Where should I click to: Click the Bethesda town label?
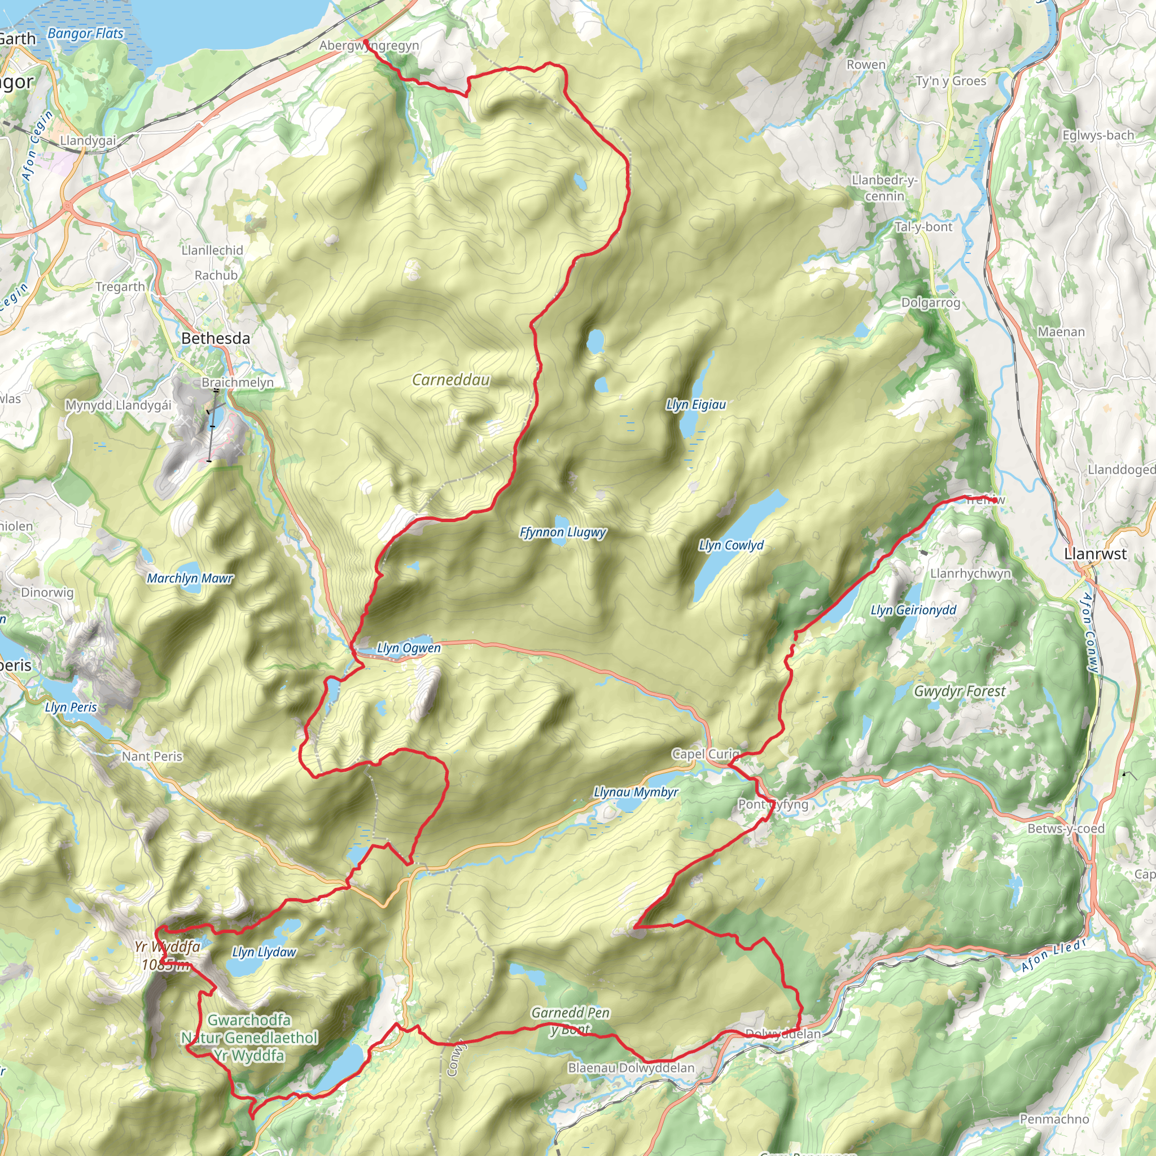point(216,339)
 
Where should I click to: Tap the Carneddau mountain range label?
point(450,380)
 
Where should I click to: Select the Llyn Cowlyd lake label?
point(731,545)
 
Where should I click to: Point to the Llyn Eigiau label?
point(696,405)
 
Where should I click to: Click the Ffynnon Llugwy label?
point(562,532)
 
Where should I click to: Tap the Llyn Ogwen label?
point(409,648)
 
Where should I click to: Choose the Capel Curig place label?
point(706,754)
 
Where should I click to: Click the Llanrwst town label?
point(1095,554)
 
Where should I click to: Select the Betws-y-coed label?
point(1066,829)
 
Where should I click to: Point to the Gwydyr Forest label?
point(960,691)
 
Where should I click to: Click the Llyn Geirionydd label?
point(913,610)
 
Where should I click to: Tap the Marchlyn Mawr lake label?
point(190,579)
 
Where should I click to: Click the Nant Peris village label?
point(152,756)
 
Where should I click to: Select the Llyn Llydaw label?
point(264,952)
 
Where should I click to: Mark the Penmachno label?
point(1054,1119)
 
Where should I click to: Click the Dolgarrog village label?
point(930,303)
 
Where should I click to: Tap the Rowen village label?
point(866,64)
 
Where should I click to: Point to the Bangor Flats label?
point(85,33)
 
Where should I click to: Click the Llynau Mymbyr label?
point(636,792)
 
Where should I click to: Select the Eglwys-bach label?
point(1098,135)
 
